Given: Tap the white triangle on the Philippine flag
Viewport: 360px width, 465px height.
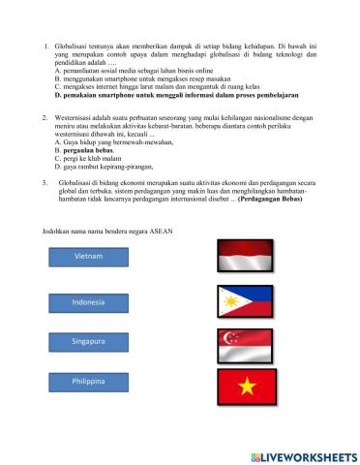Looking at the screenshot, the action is (x=227, y=302).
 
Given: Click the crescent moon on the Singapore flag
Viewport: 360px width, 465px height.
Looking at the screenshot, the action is (x=228, y=338).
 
